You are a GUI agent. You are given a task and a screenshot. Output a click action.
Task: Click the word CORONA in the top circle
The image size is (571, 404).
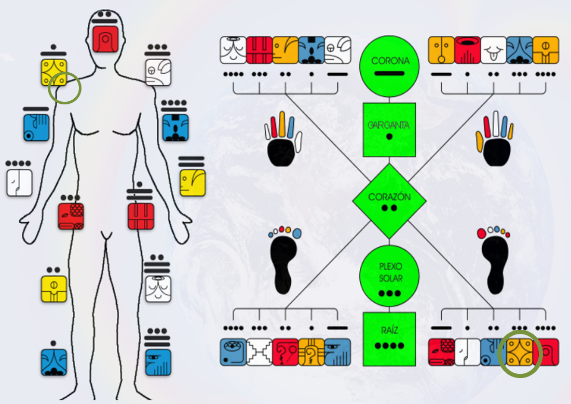point(390,61)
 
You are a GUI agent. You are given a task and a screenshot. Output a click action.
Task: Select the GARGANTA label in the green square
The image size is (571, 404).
point(389,125)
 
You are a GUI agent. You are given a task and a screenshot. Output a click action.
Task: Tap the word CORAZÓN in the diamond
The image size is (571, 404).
point(389,197)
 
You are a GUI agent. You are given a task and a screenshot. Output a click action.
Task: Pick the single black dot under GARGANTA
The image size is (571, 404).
point(389,137)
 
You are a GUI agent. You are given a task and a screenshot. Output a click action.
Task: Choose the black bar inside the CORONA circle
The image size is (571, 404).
point(389,73)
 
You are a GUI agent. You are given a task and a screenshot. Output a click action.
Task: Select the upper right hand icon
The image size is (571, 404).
point(494,141)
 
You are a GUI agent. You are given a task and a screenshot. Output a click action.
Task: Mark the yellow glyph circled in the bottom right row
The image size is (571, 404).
point(520,352)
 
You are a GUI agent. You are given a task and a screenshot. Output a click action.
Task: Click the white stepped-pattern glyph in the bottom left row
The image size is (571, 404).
point(259,352)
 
